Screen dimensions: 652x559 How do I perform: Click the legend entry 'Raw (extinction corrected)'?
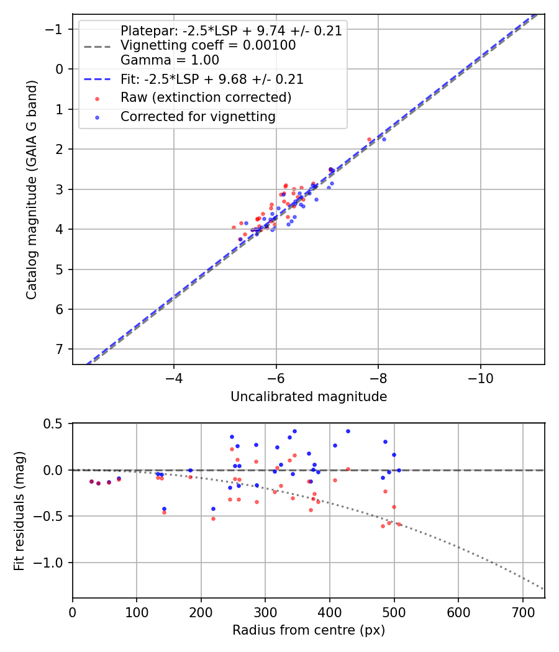coord(206,97)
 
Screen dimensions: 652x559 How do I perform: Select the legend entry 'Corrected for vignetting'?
coord(198,116)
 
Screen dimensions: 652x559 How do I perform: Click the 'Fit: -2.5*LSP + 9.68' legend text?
coord(212,79)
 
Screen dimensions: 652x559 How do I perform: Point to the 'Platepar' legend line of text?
coord(231,31)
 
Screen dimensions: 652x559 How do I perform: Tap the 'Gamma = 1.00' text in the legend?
coord(170,61)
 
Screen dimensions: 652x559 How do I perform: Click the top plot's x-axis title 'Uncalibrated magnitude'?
coord(309,397)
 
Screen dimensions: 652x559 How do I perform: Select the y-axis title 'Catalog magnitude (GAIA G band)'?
coord(32,189)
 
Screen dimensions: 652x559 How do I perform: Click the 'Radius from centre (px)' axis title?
coord(309,630)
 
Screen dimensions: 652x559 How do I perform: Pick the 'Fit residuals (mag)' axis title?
coord(19,510)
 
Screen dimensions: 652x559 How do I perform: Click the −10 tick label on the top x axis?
coord(480,378)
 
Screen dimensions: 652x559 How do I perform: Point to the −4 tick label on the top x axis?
coord(174,378)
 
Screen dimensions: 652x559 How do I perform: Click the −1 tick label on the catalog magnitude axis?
coord(56,29)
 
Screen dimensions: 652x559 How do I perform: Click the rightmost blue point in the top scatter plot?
coord(384,139)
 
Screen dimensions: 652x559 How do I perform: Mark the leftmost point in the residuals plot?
coord(91,481)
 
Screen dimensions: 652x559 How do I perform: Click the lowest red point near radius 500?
coord(383,526)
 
